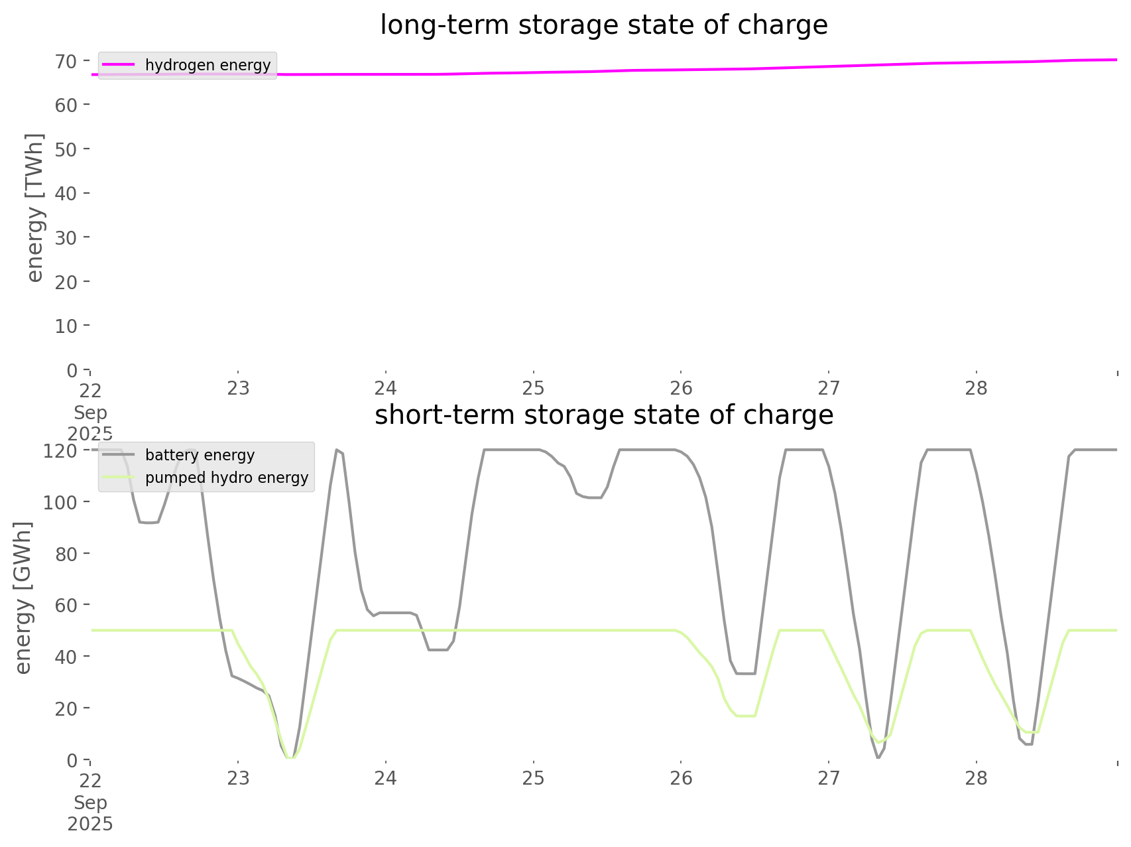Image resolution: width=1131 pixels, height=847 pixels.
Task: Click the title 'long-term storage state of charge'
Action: (603, 25)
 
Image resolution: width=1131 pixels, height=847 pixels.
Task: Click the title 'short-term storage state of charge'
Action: (603, 415)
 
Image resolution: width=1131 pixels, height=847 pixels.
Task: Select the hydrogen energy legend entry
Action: (208, 65)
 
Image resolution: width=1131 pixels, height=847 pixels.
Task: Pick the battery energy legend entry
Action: (200, 455)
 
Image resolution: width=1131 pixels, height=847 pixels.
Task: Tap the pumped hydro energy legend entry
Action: (226, 478)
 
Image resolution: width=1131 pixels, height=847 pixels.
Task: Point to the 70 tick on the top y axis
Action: (66, 61)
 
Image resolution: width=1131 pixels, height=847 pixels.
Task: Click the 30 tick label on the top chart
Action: (66, 237)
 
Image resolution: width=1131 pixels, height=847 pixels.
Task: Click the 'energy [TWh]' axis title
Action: (34, 207)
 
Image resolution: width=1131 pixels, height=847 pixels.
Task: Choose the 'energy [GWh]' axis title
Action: (23, 598)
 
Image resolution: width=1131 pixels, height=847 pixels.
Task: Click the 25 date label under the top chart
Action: (533, 389)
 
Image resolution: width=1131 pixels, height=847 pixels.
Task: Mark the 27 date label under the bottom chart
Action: (829, 779)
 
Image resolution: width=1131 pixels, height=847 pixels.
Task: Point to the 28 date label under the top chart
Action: (977, 389)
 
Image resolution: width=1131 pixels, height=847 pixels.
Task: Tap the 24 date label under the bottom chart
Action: (386, 779)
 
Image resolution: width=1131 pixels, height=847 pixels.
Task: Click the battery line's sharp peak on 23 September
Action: (337, 450)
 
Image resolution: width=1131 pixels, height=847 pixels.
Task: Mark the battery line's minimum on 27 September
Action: (878, 757)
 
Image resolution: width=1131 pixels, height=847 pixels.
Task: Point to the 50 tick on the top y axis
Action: (66, 149)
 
